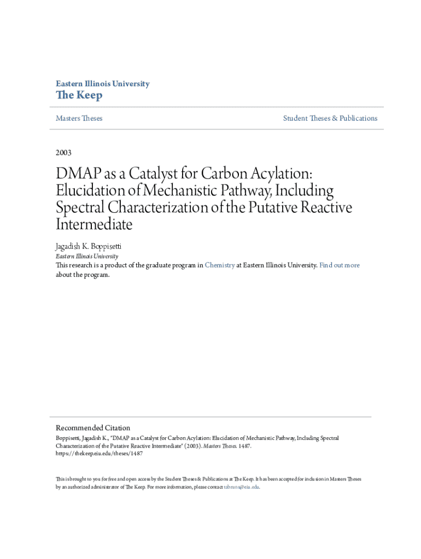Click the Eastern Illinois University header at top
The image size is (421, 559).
(x=102, y=84)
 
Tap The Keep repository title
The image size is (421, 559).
(x=79, y=96)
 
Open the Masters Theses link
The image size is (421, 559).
(x=79, y=118)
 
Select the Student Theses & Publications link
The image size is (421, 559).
(x=330, y=118)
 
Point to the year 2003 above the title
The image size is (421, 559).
(x=63, y=152)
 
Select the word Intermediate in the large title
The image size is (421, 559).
(x=94, y=224)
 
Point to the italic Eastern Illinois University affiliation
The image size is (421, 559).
(x=87, y=256)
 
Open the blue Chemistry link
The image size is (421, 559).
(x=220, y=265)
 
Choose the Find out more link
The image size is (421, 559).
(x=340, y=265)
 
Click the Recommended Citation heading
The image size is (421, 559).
(x=93, y=428)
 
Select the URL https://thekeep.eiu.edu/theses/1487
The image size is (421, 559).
(x=99, y=453)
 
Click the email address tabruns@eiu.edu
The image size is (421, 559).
(x=242, y=487)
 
